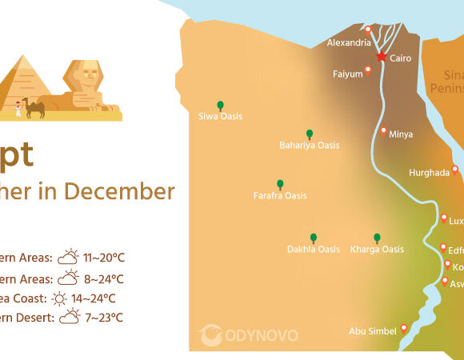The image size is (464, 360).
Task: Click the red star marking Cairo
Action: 382,57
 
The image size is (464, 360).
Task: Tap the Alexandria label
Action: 349,42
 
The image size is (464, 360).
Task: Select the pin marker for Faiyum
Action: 368,70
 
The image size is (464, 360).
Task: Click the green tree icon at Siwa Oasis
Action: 220,105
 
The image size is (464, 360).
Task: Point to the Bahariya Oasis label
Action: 309,146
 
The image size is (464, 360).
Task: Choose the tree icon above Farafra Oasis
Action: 280,184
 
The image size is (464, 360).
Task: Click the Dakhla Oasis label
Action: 314,250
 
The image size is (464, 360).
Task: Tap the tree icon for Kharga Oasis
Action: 377,238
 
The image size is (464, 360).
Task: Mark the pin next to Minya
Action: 384,130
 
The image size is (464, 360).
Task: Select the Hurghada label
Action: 429,173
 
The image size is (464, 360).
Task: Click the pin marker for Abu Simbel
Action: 404,327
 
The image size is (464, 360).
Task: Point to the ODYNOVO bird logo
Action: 210,334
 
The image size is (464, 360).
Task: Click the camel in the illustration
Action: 34,107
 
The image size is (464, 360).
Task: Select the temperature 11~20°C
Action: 104,258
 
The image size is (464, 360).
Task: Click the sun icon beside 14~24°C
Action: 59,299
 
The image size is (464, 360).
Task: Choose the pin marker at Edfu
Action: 443,247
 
